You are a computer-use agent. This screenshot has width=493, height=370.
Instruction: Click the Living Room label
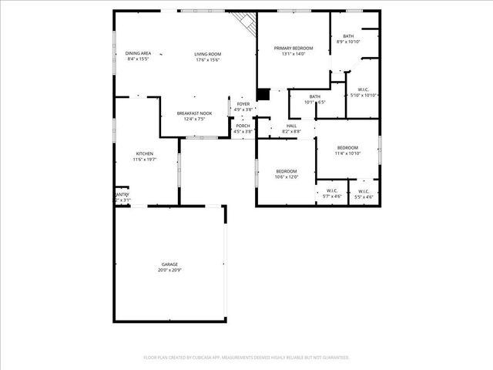click(208, 53)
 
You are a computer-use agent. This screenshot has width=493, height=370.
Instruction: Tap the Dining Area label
click(138, 53)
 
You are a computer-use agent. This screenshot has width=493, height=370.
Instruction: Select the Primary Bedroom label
click(293, 49)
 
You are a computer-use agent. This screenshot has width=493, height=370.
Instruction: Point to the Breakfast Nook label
click(194, 113)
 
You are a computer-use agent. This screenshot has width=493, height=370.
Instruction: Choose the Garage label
click(169, 264)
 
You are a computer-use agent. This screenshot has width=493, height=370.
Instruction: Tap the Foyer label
click(243, 103)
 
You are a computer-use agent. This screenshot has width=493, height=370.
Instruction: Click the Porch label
click(243, 126)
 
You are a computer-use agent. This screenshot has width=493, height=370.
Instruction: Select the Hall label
click(291, 126)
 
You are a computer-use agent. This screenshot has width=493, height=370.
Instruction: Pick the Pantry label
click(122, 194)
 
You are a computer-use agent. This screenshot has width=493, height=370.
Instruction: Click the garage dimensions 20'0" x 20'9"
click(169, 271)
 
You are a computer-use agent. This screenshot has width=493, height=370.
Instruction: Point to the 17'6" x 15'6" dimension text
click(208, 59)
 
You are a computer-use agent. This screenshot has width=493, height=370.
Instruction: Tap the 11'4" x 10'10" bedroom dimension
click(347, 153)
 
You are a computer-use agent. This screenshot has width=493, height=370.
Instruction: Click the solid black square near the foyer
click(263, 94)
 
